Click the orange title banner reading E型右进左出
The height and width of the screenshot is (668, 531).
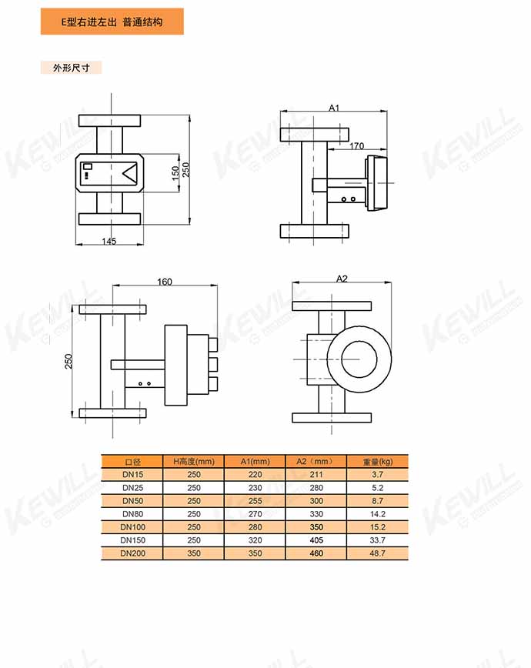(112, 22)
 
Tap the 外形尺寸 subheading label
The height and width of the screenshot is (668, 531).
(71, 68)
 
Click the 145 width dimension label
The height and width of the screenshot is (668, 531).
(109, 241)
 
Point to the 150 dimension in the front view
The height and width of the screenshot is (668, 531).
(175, 173)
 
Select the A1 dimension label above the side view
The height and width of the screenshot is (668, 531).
(334, 108)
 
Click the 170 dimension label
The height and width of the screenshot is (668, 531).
(357, 146)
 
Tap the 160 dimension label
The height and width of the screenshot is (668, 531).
(165, 282)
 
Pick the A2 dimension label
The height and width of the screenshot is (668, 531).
(342, 279)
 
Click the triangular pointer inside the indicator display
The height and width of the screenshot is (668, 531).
(129, 173)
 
